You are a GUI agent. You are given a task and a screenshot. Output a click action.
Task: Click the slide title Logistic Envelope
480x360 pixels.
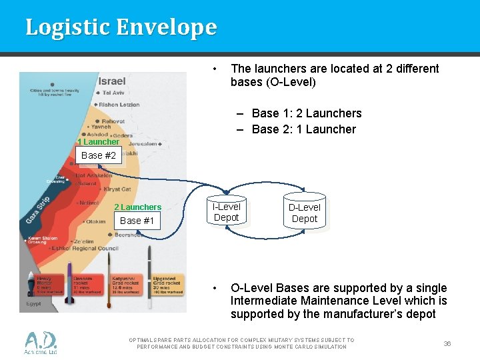(121, 27)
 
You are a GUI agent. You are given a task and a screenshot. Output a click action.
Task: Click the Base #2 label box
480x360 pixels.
(99, 155)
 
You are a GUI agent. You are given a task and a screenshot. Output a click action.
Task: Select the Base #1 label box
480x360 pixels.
(137, 221)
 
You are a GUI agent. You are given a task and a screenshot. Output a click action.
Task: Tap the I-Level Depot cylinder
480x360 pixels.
(226, 212)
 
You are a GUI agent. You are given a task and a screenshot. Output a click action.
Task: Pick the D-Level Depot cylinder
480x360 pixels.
(305, 213)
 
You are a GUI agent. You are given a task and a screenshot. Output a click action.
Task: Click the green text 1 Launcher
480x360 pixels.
(98, 142)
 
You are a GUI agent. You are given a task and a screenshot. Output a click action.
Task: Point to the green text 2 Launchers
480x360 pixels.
(137, 207)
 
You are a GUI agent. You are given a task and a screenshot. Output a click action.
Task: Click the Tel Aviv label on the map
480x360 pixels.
(113, 93)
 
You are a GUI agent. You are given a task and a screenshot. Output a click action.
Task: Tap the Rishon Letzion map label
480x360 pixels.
(119, 105)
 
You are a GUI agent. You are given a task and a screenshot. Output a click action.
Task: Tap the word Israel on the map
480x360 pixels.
(112, 81)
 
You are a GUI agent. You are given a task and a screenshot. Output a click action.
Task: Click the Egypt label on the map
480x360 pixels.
(33, 303)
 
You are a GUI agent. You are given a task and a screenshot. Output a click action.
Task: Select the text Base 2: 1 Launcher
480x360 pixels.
(303, 129)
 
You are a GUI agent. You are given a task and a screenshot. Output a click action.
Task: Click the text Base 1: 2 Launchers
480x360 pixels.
(306, 113)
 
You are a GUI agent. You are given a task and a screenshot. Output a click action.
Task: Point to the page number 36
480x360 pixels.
(447, 343)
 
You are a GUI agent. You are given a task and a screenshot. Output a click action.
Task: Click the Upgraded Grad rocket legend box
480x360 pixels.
(165, 284)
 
